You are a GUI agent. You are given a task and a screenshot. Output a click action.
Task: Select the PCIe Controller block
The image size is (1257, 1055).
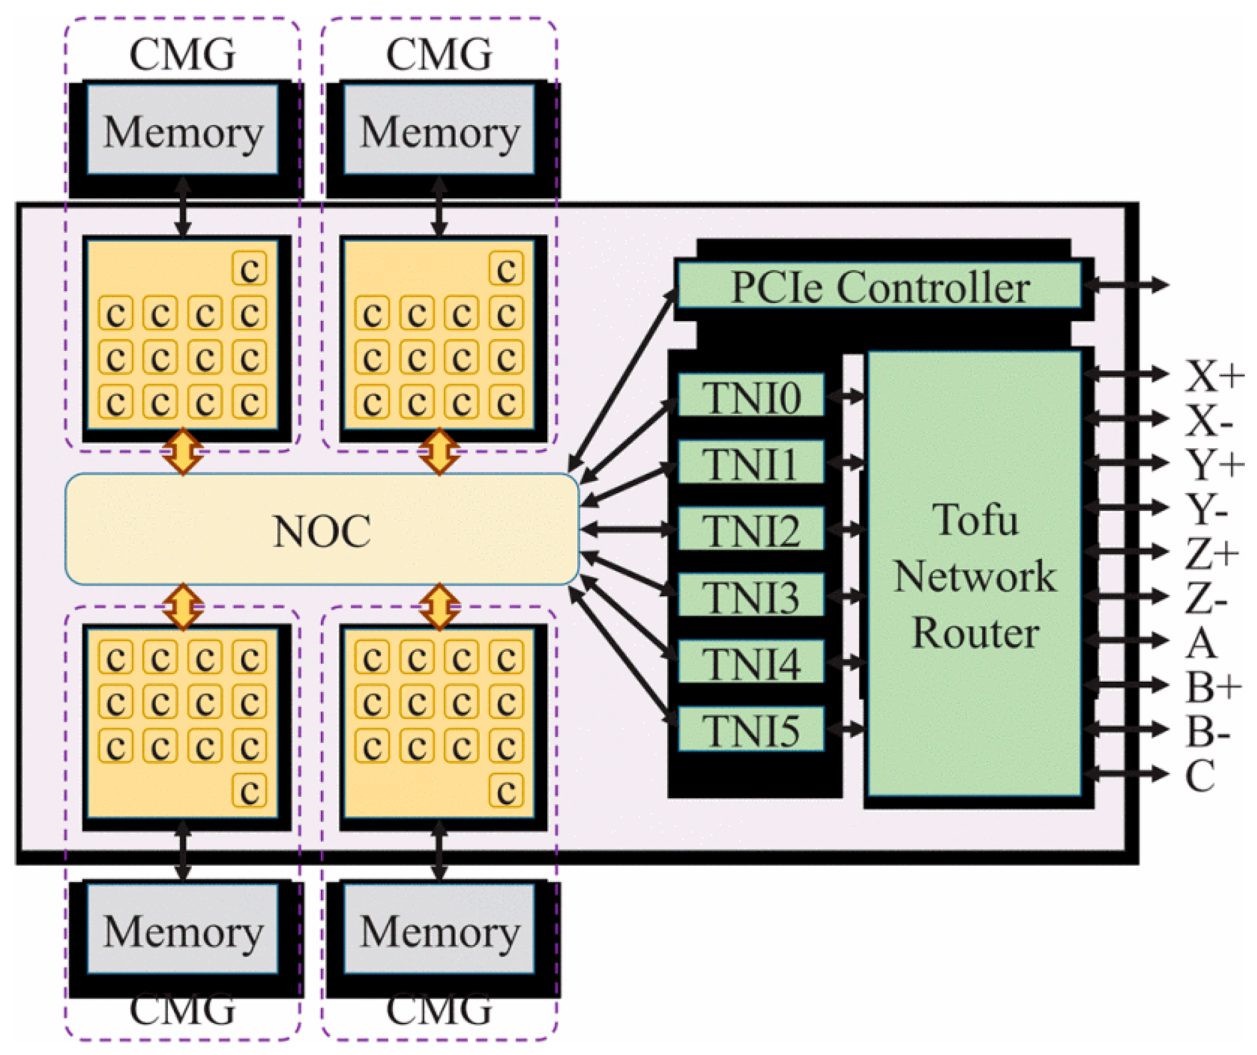pos(879,286)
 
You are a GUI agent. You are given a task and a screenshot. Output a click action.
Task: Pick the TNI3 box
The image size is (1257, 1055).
pos(751,596)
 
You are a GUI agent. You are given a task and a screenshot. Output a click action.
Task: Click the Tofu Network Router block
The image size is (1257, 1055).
pos(975,575)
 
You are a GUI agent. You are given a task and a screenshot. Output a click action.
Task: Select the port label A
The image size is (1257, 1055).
pos(1200,644)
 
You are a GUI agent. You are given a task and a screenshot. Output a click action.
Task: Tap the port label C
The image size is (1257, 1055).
pos(1199,776)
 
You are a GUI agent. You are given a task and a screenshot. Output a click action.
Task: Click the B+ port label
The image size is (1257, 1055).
pos(1213,686)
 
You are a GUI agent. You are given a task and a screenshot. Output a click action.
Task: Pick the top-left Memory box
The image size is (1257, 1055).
pos(183,131)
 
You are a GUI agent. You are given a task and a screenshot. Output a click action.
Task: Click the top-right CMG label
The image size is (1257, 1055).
pos(439,54)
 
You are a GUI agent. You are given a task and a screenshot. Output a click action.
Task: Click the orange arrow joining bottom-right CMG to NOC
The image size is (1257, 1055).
pos(439,606)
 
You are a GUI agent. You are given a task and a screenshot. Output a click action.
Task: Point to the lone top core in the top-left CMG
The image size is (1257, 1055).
pos(249,269)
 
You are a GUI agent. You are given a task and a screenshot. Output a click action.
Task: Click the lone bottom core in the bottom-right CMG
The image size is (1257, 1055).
pos(506,791)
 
